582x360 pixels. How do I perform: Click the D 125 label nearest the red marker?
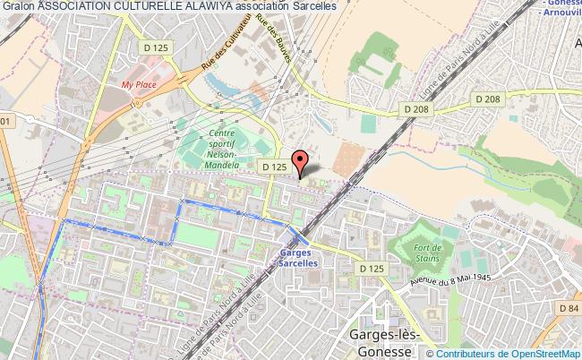coord(274,167)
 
